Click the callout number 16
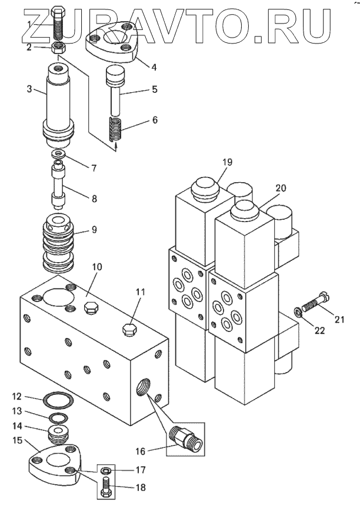point(141,451)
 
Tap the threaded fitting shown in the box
point(186,438)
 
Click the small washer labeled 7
point(59,153)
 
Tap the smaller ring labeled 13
point(59,418)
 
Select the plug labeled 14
point(58,433)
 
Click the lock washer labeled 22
point(297,312)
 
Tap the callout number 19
point(227,162)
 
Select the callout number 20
point(281,188)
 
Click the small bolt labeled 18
point(105,487)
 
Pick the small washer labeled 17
point(106,469)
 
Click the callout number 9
point(94,229)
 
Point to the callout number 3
point(29,89)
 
